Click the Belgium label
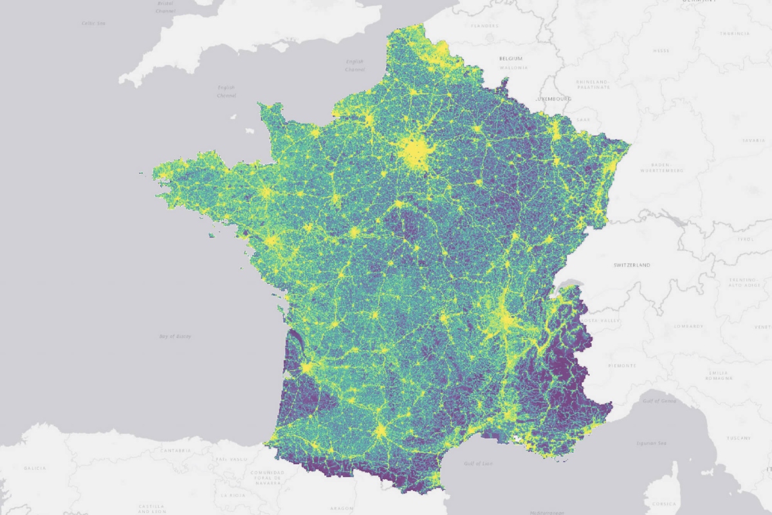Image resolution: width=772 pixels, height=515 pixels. click(510, 59)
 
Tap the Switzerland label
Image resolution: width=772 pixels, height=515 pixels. click(632, 265)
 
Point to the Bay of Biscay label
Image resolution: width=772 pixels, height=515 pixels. click(175, 336)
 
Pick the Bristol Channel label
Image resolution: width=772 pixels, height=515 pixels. click(166, 7)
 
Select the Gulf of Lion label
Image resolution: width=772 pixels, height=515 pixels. click(477, 464)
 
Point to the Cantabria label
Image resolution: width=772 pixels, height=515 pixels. click(174, 450)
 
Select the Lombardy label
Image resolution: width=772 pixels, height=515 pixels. click(688, 326)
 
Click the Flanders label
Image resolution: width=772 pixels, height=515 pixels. click(485, 26)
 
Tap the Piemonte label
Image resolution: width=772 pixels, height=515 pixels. click(622, 365)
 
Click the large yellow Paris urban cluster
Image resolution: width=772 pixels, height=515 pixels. click(416, 152)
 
